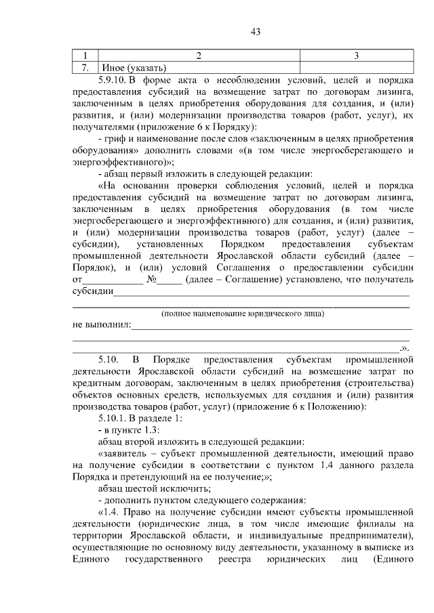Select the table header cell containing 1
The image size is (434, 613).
(85, 56)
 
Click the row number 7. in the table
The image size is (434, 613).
(85, 68)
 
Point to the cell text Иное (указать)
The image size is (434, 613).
(133, 68)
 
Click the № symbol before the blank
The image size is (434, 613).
(153, 279)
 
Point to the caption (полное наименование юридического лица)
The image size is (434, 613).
(242, 314)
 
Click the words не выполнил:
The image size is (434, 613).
(101, 324)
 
